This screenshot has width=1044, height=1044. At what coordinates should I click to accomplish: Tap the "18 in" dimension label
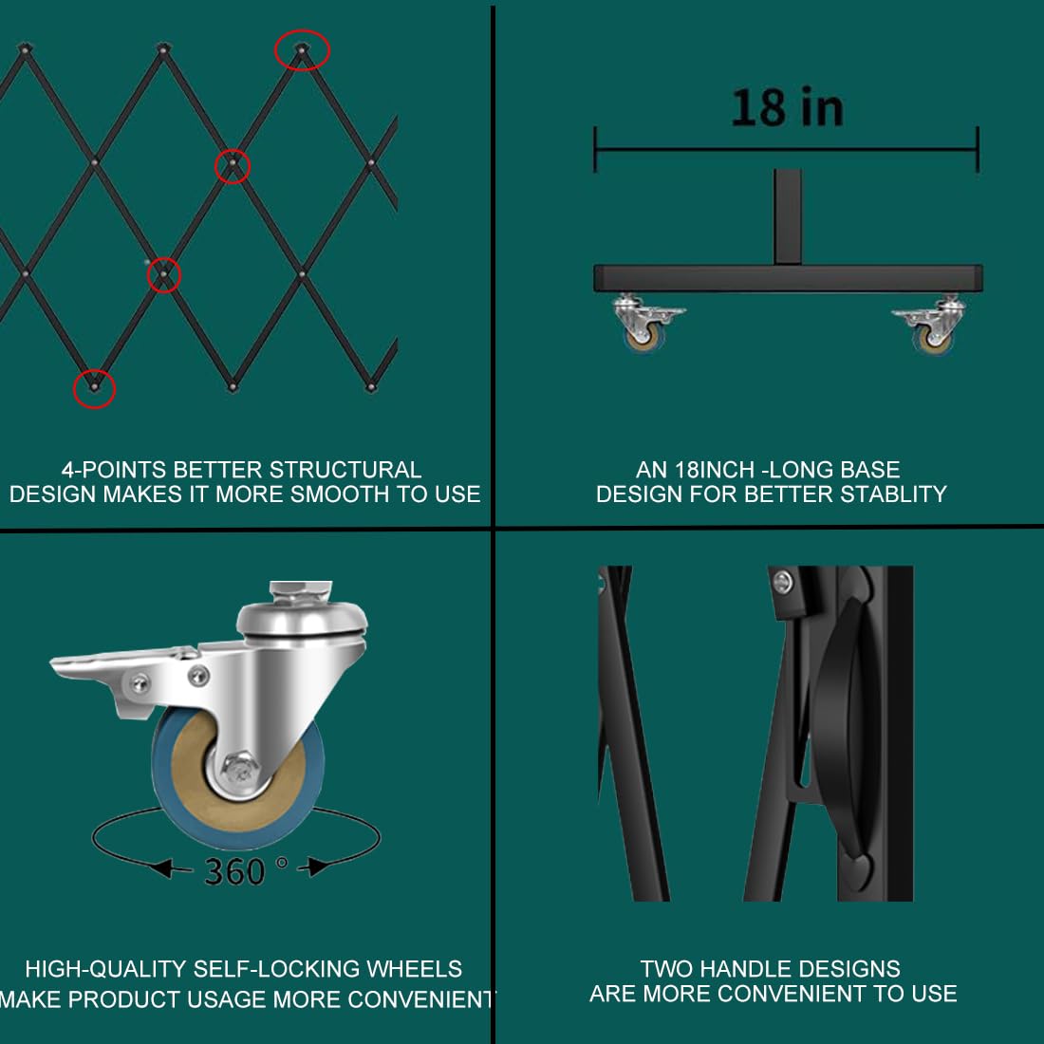[787, 107]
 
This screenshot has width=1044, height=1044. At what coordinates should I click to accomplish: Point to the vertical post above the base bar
[788, 216]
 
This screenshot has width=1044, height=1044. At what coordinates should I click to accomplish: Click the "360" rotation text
[234, 871]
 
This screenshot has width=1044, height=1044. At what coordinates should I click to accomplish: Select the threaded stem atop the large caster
[300, 591]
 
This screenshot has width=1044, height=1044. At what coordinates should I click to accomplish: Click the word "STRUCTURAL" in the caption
[345, 470]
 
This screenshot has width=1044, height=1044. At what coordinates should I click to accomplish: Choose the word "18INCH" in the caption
[715, 470]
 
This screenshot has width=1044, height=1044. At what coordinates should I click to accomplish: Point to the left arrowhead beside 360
[160, 867]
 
